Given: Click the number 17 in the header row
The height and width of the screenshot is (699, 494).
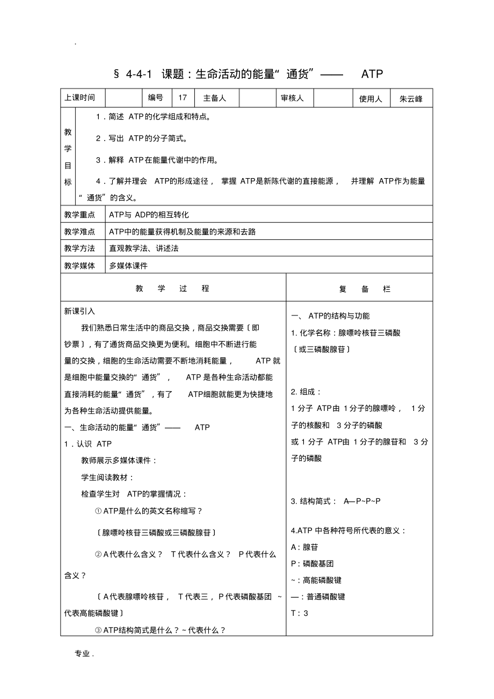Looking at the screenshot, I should pyautogui.click(x=183, y=98).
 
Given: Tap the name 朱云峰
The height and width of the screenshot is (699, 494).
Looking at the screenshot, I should pyautogui.click(x=411, y=99).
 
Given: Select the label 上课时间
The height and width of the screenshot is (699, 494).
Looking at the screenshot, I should pyautogui.click(x=80, y=98).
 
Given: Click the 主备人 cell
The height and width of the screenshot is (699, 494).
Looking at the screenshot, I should pyautogui.click(x=214, y=98).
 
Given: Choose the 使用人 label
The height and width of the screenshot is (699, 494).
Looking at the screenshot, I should pyautogui.click(x=370, y=99).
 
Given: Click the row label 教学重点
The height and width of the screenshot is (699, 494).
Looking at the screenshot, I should pyautogui.click(x=80, y=215).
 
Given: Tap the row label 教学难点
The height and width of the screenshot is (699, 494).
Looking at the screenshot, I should pyautogui.click(x=80, y=231).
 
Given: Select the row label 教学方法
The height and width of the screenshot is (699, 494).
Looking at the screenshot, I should pyautogui.click(x=80, y=248).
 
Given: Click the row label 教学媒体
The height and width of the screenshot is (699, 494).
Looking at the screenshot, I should pyautogui.click(x=80, y=265).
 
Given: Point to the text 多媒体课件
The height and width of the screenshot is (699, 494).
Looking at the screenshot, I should pyautogui.click(x=128, y=265).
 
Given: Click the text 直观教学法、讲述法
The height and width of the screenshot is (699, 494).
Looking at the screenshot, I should pyautogui.click(x=144, y=248).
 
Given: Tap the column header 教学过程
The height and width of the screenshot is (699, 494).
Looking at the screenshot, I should pyautogui.click(x=172, y=289).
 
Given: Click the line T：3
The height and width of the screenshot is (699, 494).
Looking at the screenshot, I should pyautogui.click(x=300, y=613).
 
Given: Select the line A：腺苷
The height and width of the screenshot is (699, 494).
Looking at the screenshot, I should pyautogui.click(x=304, y=547).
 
